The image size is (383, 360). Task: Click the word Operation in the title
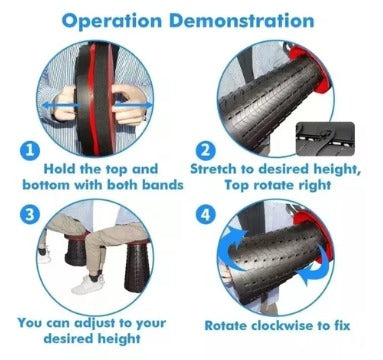[x=112, y=22]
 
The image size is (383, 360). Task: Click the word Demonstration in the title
[x=242, y=21]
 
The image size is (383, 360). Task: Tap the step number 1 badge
[x=30, y=151]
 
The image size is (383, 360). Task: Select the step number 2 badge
[x=206, y=151]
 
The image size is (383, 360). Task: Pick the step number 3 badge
[x=30, y=214]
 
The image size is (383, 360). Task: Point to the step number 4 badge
[x=206, y=214]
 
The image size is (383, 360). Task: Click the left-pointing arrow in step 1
[x=61, y=106]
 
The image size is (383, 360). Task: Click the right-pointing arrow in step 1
[x=133, y=106]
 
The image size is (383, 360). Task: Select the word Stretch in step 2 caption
[x=213, y=169]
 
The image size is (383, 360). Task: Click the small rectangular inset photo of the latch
[x=326, y=138]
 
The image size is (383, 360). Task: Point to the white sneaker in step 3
[x=87, y=284]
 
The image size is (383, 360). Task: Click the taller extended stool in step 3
[x=138, y=267]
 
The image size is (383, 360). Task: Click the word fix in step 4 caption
[x=341, y=325]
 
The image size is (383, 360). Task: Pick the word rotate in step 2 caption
[x=277, y=185]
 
